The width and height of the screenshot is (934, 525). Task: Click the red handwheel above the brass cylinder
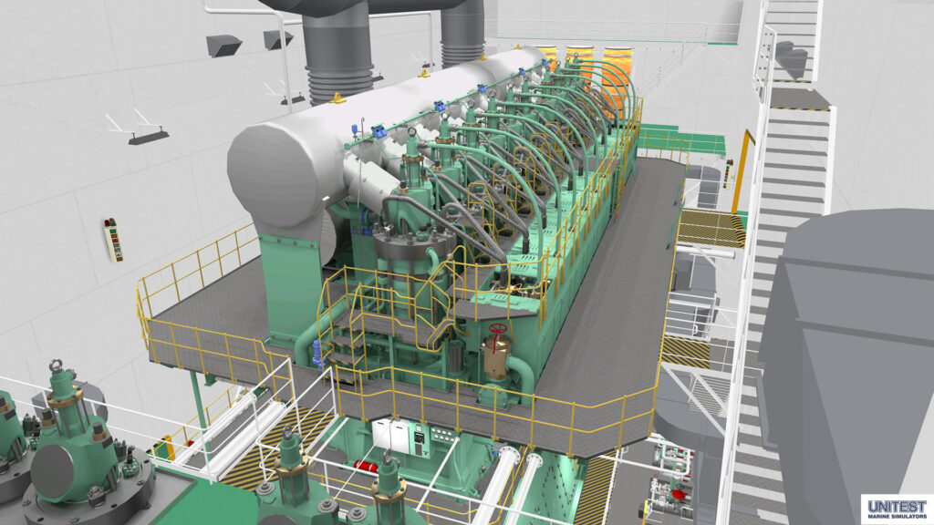coord(498,329)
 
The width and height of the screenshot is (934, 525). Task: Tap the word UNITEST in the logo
coord(898,507)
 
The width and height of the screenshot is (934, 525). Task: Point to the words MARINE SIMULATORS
coord(898,517)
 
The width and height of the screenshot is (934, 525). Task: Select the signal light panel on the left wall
coord(112,240)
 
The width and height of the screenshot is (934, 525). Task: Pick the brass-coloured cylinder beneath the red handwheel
coord(495,355)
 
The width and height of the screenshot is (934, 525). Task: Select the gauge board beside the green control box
coord(442,435)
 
